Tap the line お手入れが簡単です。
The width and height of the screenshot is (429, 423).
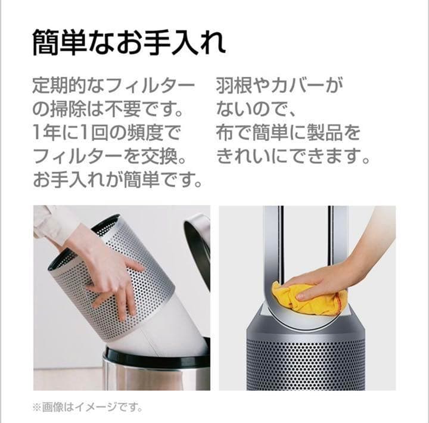pos(117,180)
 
